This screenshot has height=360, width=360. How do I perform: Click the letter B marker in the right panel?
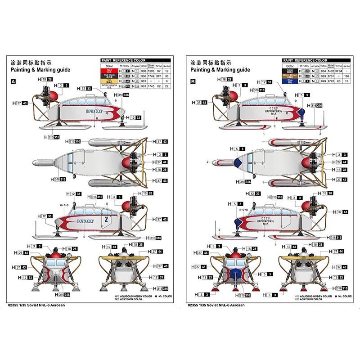(x=193, y=82)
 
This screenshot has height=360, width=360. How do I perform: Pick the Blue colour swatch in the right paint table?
(x=289, y=81)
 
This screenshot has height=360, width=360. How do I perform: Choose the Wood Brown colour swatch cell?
(x=289, y=76)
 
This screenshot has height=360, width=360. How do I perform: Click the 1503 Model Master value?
(x=151, y=71)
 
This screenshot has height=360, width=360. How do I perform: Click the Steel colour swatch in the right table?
(x=289, y=71)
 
